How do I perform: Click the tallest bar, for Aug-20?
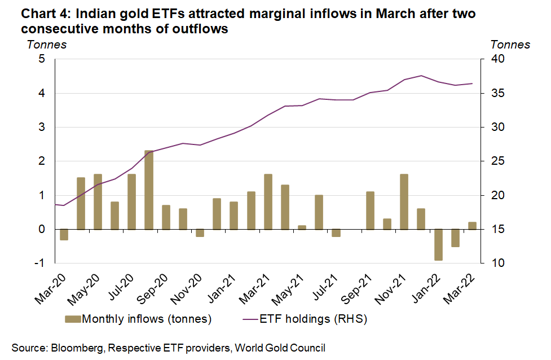tap(149, 190)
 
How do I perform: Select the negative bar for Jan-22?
tap(438, 244)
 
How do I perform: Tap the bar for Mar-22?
tap(472, 226)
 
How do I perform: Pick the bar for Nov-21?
tap(404, 202)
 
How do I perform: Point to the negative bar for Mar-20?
tap(64, 234)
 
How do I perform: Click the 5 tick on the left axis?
tap(42, 59)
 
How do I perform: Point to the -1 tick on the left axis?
tap(41, 264)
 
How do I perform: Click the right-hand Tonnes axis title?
tap(510, 45)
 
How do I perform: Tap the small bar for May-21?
tap(302, 227)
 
